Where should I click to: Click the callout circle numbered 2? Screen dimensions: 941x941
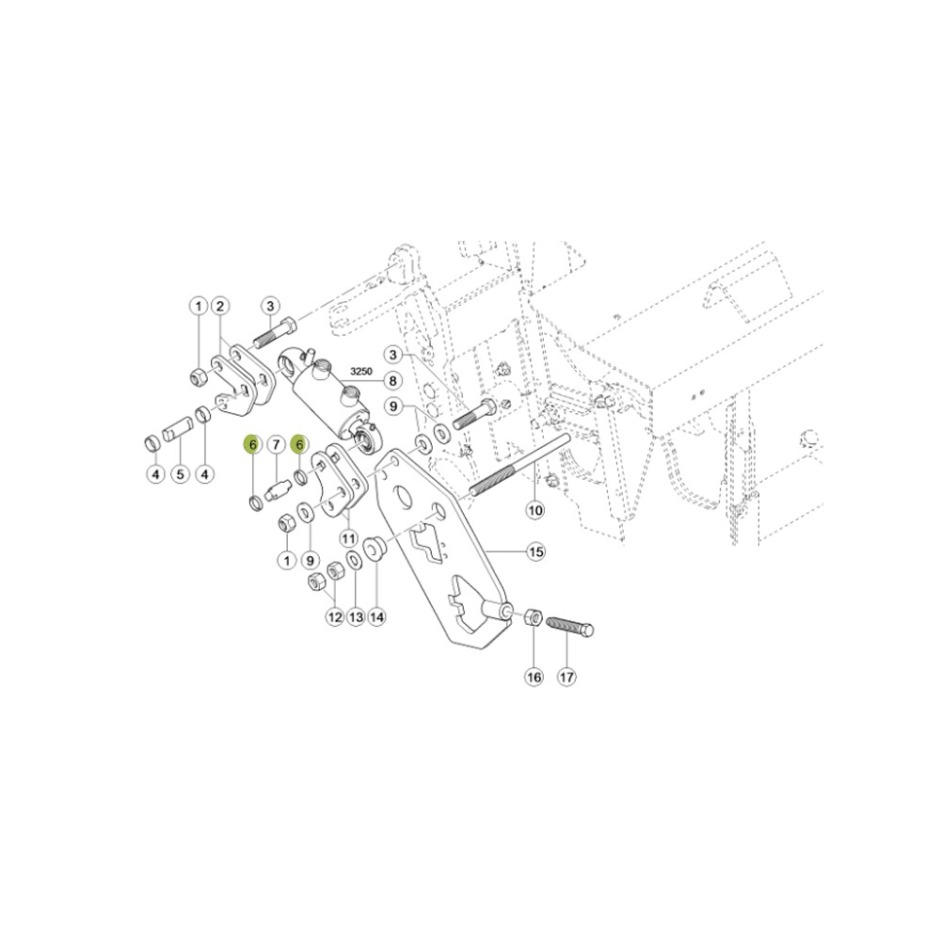219,306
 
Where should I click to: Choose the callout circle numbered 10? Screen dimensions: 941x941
534,511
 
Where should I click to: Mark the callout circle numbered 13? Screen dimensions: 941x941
356,617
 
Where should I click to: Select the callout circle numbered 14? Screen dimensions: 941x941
376,617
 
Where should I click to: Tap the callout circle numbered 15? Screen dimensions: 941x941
534,551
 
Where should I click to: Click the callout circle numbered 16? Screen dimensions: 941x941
534,677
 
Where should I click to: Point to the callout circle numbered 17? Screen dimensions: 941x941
566,677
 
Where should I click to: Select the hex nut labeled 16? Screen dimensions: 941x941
530,618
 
